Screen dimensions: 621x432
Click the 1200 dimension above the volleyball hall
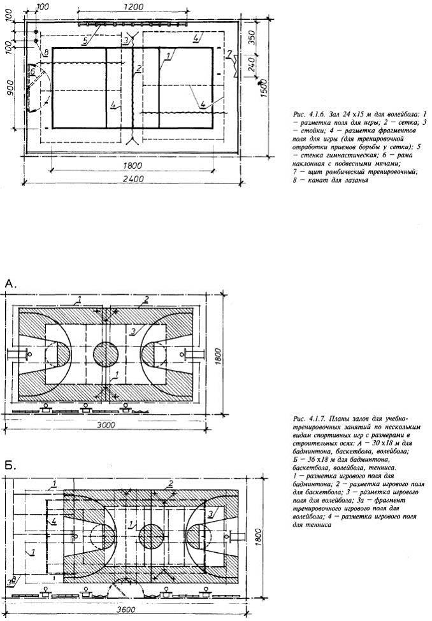click(133, 6)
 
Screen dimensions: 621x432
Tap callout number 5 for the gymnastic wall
click(85, 39)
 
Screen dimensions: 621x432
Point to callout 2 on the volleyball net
click(138, 67)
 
